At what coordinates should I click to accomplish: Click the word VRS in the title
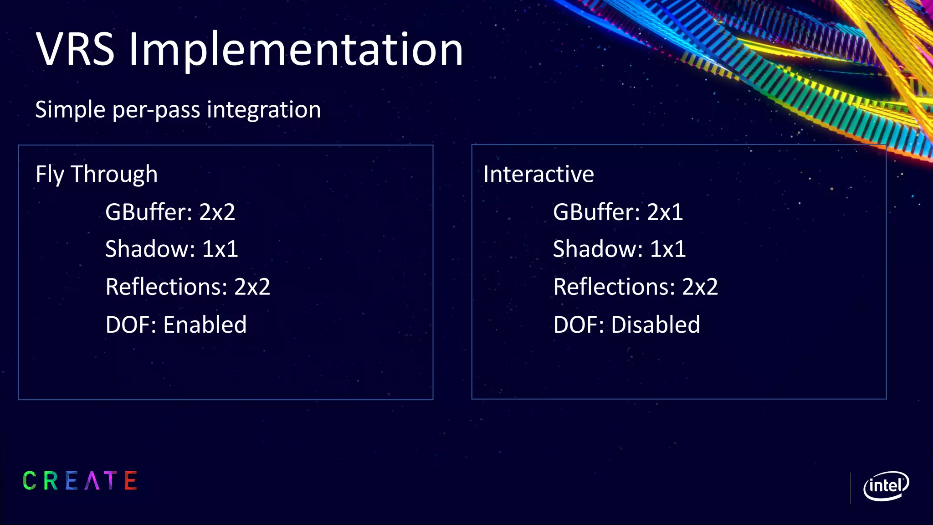coord(75,49)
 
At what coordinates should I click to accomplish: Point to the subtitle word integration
coord(264,110)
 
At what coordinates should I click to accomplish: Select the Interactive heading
coord(538,175)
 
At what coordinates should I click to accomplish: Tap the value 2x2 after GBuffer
coord(217,212)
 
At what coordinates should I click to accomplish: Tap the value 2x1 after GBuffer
coord(665,212)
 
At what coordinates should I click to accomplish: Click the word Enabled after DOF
coord(205,325)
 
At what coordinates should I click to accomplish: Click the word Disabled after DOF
coord(656,325)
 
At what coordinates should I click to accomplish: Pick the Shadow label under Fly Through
coord(150,249)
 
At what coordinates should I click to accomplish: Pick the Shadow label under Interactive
coord(598,249)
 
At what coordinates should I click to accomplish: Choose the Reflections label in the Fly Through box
coord(166,287)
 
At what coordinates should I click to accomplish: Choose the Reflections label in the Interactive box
coord(614,287)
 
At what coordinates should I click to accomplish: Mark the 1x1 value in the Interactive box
coord(667,249)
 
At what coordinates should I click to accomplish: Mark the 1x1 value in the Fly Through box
coord(220,249)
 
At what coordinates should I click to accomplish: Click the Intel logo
coord(886,486)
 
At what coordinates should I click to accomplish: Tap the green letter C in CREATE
coord(30,481)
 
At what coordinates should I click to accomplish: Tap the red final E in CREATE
coord(131,481)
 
